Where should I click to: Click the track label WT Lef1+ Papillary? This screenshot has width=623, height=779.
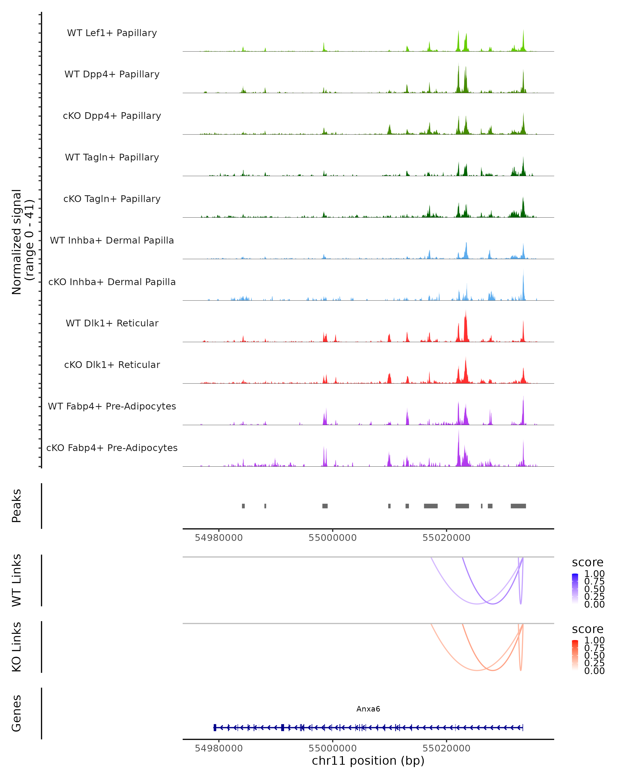[x=112, y=33]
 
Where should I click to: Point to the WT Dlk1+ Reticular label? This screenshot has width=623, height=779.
[x=112, y=323]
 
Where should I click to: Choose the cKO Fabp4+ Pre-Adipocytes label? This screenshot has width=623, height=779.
[x=112, y=448]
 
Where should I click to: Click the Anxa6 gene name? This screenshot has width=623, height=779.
[x=368, y=709]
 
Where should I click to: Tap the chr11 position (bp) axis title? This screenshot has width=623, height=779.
[x=368, y=761]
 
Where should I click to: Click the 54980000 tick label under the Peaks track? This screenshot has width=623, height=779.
[x=219, y=538]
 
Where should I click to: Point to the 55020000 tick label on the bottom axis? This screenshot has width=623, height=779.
[x=446, y=748]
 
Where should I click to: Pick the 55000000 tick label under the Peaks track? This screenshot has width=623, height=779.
[x=332, y=538]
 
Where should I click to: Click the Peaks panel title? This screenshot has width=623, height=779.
[x=17, y=506]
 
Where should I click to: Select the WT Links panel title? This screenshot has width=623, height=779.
[x=17, y=580]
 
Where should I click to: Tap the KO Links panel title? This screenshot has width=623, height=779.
[x=17, y=647]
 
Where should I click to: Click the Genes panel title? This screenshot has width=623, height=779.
[x=17, y=713]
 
